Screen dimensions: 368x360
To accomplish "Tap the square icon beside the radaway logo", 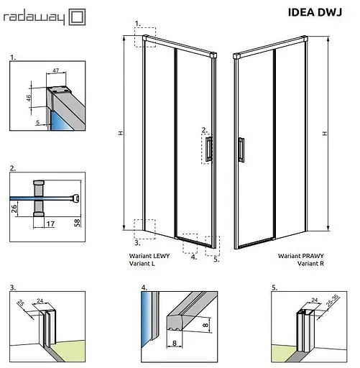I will [x=77, y=15].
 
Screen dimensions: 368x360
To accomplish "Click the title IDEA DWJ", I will [x=315, y=11].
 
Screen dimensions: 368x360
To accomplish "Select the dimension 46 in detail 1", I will [x=39, y=98].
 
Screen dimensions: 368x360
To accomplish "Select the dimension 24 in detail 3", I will [x=40, y=302].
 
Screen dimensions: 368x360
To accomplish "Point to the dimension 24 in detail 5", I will [x=314, y=302].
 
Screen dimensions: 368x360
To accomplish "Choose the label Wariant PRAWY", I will [x=298, y=256].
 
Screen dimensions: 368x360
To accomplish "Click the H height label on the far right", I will [x=325, y=133].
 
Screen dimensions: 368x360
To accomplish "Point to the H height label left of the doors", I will [x=127, y=134].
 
